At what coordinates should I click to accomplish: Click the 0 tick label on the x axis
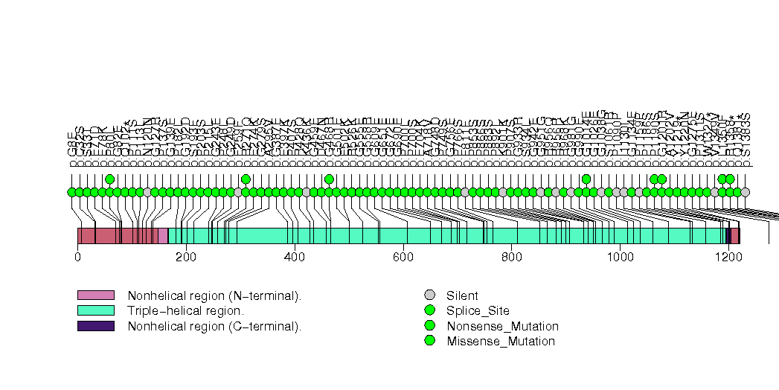click(77, 258)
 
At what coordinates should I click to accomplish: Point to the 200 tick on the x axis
click(186, 258)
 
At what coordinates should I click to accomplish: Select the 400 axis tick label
click(295, 258)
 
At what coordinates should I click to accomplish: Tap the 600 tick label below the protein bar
click(403, 258)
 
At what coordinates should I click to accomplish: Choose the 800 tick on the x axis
click(512, 258)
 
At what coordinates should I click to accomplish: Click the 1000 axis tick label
click(621, 258)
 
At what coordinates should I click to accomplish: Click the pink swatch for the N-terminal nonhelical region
click(96, 295)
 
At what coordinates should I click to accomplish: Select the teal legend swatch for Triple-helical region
click(96, 310)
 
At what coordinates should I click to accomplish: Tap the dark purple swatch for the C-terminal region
click(96, 326)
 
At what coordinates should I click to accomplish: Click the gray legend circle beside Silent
click(429, 295)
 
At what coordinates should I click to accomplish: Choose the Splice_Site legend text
click(478, 311)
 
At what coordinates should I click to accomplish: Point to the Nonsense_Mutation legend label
click(502, 326)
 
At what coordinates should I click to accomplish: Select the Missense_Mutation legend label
click(501, 342)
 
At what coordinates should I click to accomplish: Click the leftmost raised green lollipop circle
click(109, 179)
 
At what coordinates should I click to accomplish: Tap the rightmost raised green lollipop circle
click(730, 179)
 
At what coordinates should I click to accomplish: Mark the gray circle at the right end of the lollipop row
click(745, 192)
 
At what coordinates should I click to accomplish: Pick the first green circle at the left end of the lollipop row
click(71, 192)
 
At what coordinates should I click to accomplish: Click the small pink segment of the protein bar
click(163, 236)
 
